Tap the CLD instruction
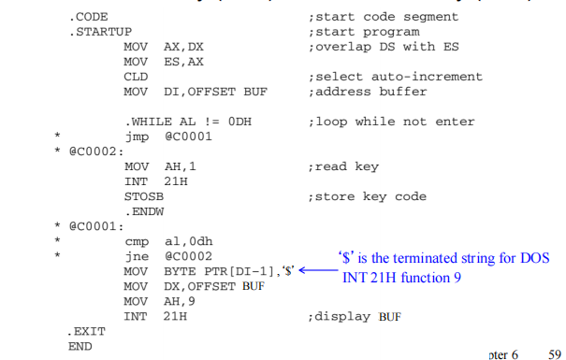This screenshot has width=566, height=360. tap(136, 77)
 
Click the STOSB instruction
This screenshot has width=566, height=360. tap(142, 196)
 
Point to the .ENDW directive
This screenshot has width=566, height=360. tap(143, 211)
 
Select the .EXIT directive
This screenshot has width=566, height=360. tap(87, 331)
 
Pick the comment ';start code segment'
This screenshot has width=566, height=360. tap(382, 17)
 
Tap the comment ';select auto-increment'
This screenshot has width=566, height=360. tap(393, 77)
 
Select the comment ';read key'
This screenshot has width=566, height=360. tap(342, 166)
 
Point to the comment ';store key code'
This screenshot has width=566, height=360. tap(366, 196)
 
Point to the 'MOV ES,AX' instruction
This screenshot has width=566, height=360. tap(164, 62)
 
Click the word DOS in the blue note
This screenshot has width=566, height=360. tap(537, 257)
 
